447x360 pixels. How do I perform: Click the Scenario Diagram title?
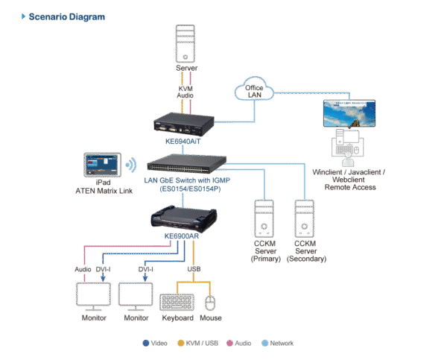(66, 16)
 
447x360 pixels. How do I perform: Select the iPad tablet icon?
(102, 165)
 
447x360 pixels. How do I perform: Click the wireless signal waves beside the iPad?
(131, 165)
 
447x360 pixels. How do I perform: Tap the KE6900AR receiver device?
(183, 219)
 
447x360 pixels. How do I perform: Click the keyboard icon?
(177, 301)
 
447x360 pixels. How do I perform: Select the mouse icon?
(211, 302)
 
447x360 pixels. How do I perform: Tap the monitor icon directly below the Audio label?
(95, 296)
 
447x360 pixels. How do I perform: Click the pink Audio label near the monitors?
(83, 269)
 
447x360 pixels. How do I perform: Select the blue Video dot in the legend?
(145, 344)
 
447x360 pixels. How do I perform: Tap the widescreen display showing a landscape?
(349, 116)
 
